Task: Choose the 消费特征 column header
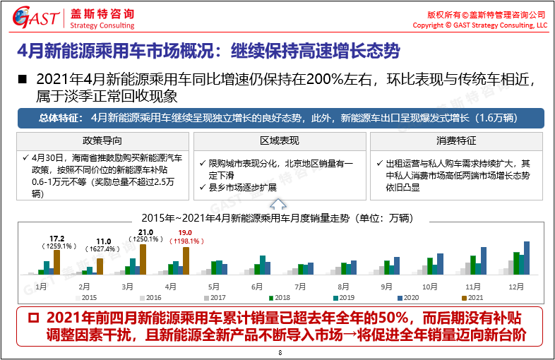(456, 140)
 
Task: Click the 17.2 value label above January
(57, 239)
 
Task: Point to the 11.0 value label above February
(104, 241)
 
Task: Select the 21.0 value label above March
(146, 232)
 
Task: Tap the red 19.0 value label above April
(186, 233)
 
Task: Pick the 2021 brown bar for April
(185, 261)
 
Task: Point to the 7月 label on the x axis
(301, 287)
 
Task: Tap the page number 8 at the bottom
(280, 353)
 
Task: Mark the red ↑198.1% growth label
(186, 241)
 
